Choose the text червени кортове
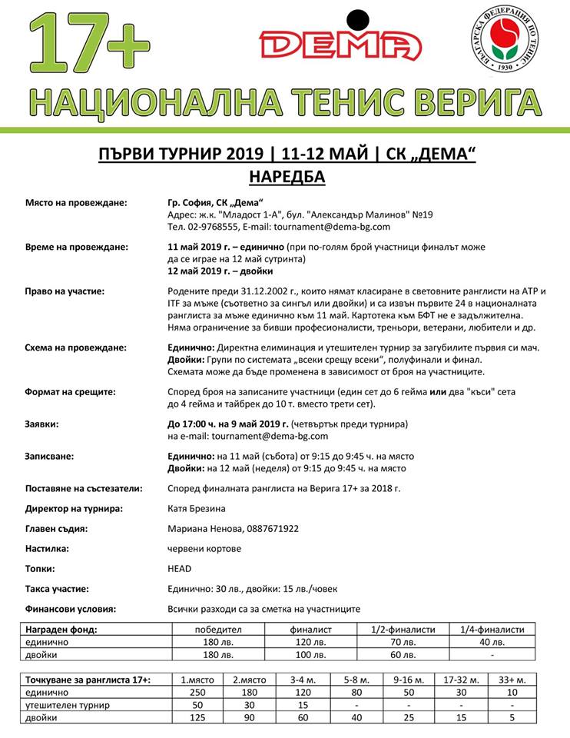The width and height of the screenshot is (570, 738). [x=204, y=548]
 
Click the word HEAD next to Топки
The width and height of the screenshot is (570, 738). [x=179, y=569]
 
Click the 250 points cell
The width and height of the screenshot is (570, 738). [x=196, y=693]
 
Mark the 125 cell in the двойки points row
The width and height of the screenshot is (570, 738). [x=196, y=719]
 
